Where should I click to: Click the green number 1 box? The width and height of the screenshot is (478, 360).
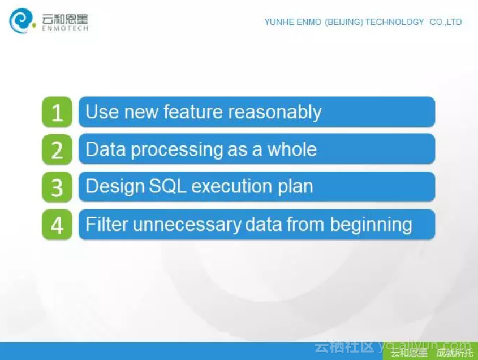(57, 112)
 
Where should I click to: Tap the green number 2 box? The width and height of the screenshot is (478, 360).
(57, 149)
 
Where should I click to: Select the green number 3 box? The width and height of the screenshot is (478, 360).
(57, 187)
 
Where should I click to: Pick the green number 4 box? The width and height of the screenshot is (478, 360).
(57, 224)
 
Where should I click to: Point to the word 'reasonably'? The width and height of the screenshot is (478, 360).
(275, 113)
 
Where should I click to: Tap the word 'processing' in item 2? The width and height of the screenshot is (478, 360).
(177, 150)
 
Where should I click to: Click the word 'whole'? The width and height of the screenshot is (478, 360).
(292, 149)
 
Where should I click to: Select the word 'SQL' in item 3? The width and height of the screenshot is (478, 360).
(167, 186)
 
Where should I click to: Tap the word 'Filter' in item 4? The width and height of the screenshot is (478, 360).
(107, 224)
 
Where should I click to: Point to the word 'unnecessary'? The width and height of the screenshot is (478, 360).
(187, 225)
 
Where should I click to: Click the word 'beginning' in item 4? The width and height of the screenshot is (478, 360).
(371, 225)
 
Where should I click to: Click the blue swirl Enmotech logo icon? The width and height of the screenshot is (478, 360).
(21, 20)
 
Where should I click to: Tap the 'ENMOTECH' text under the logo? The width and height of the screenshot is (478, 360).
(65, 28)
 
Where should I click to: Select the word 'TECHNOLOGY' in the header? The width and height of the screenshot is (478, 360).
(394, 22)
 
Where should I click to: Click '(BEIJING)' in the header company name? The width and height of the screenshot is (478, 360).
(344, 22)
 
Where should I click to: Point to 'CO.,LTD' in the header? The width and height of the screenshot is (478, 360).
(446, 22)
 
